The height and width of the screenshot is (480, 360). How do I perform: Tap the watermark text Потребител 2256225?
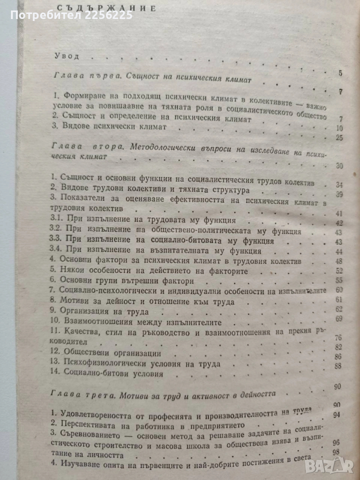click(66, 16)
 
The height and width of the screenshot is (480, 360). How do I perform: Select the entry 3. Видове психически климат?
click(108, 128)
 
